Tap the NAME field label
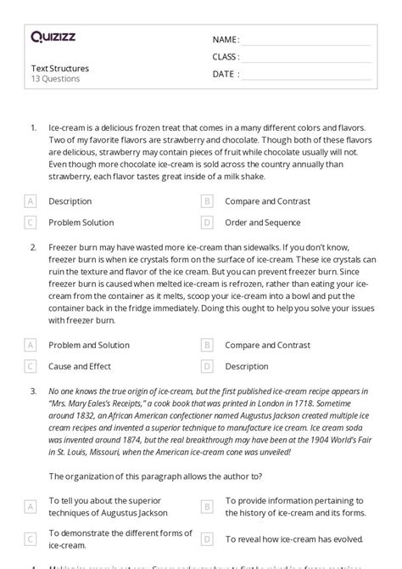coord(226,40)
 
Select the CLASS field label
coord(226,57)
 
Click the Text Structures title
coord(59,68)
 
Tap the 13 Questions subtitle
coord(55,79)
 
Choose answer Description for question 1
coord(70,201)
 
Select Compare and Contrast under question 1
coord(267,201)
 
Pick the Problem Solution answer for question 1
coord(81,223)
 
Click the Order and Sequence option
coord(262,223)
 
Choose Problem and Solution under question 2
coord(89,345)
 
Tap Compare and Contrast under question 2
coord(267,345)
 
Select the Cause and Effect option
coord(80,366)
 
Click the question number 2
coord(33,247)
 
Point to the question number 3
coord(33,392)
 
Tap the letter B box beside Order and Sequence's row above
coord(206,201)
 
